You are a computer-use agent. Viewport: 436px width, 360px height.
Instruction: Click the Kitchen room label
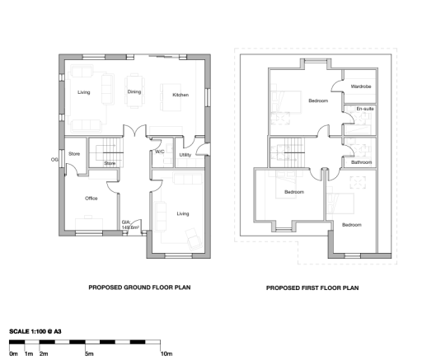click(180, 95)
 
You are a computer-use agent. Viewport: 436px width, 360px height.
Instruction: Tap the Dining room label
click(134, 91)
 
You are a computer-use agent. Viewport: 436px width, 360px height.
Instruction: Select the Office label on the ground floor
click(91, 199)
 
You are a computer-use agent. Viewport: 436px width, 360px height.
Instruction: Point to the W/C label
click(160, 152)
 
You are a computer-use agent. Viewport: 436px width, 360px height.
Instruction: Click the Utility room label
click(185, 155)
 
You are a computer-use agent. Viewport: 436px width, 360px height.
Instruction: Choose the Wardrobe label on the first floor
click(361, 86)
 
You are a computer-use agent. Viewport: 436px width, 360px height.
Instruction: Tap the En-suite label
click(365, 109)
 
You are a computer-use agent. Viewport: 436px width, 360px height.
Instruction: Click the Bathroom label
click(362, 162)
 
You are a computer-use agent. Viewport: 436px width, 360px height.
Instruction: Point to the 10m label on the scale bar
click(166, 353)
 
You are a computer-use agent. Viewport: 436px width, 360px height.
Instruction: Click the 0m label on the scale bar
click(13, 353)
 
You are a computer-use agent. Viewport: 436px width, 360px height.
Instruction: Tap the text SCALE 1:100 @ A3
click(35, 331)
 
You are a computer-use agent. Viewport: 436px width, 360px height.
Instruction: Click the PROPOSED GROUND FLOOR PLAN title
click(139, 288)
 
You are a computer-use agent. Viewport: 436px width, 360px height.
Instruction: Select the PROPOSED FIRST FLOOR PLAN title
click(312, 288)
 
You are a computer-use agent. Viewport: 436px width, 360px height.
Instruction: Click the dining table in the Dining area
click(134, 91)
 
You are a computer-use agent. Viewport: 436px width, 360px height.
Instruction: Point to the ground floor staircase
click(110, 152)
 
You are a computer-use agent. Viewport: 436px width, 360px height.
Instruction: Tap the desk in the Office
click(89, 224)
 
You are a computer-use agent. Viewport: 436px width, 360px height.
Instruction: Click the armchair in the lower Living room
click(194, 239)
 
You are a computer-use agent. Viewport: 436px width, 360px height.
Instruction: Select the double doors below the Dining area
click(134, 131)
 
